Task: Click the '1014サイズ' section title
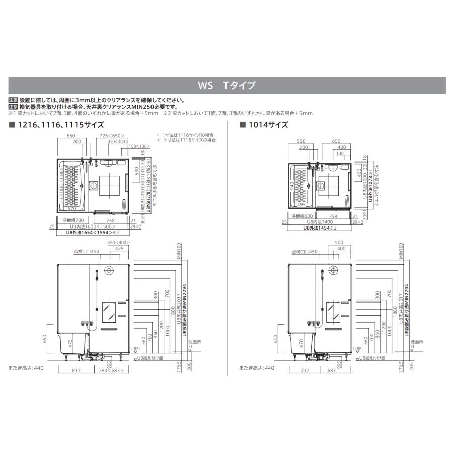pos(266,125)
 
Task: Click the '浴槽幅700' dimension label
pos(73,220)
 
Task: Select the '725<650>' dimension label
pos(111,136)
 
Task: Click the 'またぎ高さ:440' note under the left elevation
pos(27,368)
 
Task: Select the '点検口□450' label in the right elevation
pos(305,251)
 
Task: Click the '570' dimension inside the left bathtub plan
pos(72,208)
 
